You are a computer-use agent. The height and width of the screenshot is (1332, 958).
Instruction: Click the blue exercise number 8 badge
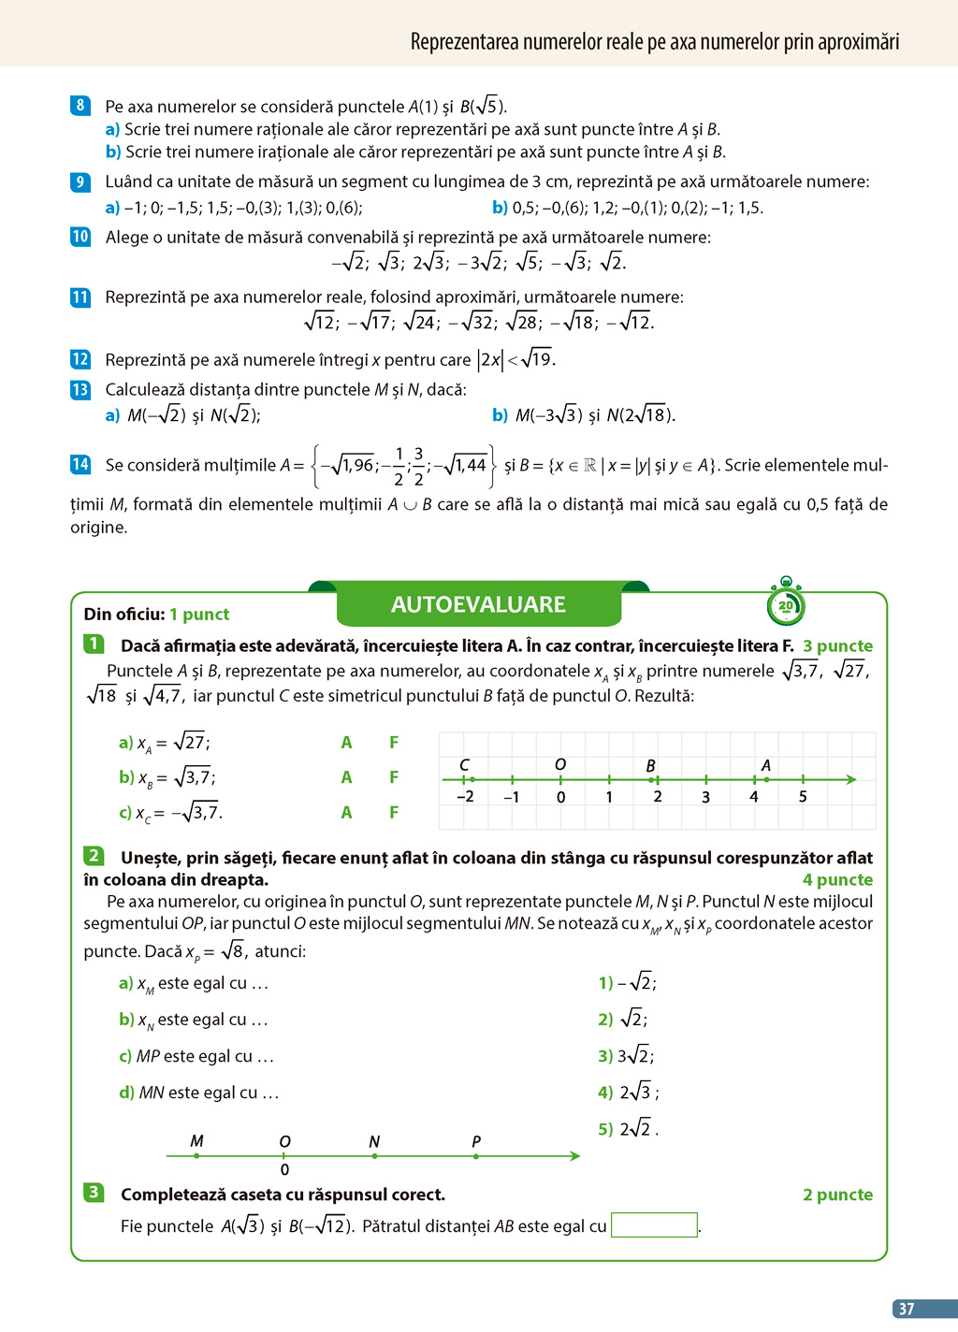click(80, 106)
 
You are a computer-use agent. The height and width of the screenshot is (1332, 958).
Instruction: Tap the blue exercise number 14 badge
click(80, 464)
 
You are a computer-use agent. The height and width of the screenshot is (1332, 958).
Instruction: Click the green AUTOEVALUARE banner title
click(478, 604)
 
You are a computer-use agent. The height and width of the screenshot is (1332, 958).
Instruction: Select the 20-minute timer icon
click(786, 604)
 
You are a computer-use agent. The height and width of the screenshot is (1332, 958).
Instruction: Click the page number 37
click(906, 1309)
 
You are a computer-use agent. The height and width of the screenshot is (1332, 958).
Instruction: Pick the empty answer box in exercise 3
click(654, 1225)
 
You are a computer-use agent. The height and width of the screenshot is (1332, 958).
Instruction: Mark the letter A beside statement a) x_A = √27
click(346, 743)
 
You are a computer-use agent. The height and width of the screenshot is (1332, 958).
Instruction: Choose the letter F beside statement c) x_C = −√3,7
click(394, 813)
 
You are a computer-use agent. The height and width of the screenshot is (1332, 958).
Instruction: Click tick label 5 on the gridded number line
click(803, 797)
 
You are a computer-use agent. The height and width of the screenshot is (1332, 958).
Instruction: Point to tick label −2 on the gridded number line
click(465, 797)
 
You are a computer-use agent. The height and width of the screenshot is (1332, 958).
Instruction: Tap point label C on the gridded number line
click(464, 765)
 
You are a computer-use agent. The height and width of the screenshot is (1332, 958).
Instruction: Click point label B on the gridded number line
click(651, 766)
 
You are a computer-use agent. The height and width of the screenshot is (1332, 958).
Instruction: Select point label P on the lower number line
click(476, 1141)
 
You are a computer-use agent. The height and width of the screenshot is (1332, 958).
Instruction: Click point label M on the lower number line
click(196, 1141)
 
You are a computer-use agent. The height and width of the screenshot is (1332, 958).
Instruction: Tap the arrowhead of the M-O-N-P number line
click(574, 1156)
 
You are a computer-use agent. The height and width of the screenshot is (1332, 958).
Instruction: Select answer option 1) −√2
click(628, 982)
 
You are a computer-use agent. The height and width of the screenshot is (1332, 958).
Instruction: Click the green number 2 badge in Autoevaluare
click(94, 856)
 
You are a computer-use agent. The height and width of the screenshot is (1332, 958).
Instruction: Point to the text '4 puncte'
click(837, 880)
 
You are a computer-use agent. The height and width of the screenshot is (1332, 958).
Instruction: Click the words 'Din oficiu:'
click(124, 615)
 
